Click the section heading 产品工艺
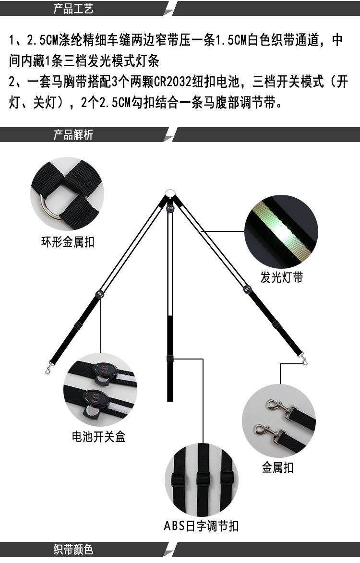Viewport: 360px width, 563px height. pos(73,9)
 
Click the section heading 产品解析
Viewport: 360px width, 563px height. pos(73,135)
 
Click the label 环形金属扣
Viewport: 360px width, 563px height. pos(67,242)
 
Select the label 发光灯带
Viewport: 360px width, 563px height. pos(282,277)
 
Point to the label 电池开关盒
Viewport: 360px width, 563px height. pos(98,436)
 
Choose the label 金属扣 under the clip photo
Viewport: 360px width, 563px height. pos(277,467)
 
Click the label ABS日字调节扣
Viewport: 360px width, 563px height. pos(201,526)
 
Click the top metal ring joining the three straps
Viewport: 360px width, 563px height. pos(169,194)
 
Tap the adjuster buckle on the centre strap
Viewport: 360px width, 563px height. pos(169,359)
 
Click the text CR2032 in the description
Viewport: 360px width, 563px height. pos(171,82)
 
